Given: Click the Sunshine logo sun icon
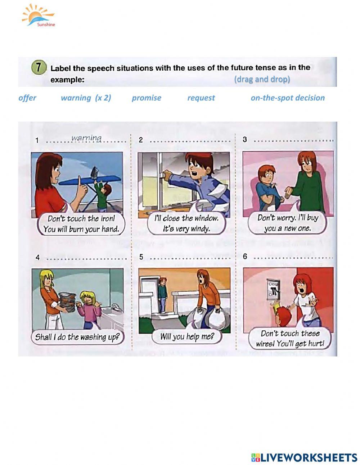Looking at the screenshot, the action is [38, 15].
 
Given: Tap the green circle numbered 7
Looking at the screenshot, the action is [39, 68].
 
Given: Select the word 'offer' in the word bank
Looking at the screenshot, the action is [27, 98].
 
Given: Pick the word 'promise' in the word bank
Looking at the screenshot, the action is [147, 98].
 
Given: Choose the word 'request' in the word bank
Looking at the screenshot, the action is [201, 98].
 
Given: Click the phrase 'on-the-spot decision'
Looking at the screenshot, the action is [288, 98].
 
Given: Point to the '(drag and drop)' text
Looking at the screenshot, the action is [262, 79].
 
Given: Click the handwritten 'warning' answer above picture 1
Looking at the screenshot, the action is [86, 138].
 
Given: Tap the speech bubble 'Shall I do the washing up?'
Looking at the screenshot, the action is [77, 337].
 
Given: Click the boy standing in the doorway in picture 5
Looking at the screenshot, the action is [163, 294].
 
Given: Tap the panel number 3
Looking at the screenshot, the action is [245, 139].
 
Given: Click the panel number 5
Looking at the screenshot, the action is [141, 257].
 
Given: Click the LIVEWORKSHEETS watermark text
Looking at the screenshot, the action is [304, 452].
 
